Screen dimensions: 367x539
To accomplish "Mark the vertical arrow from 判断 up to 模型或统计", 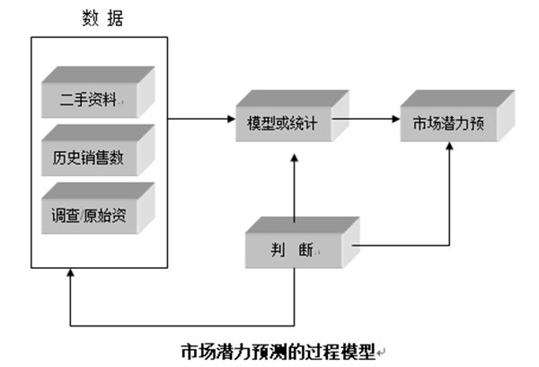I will (x=296, y=184).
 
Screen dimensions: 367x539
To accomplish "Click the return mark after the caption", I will (x=382, y=350).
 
